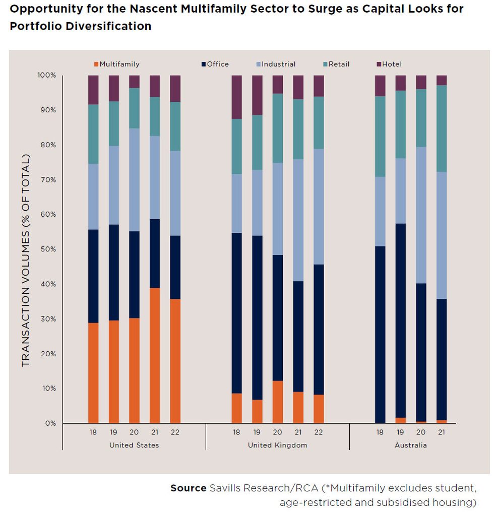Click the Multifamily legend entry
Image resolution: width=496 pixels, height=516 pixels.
[x=116, y=64]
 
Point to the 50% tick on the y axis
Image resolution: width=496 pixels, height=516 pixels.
[x=47, y=249]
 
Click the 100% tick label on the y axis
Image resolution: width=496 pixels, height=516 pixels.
[x=47, y=76]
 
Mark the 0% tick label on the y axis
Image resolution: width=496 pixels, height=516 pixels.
[x=49, y=423]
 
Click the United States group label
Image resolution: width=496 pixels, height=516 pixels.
[x=134, y=445]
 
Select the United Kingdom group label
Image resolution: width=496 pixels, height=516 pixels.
[x=277, y=445]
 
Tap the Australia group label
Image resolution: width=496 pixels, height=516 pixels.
[x=411, y=445]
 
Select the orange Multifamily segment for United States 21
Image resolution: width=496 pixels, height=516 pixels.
[x=155, y=355]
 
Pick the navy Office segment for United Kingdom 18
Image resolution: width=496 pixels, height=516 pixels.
[x=236, y=313]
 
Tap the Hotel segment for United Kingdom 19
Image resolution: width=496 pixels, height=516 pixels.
[x=257, y=95]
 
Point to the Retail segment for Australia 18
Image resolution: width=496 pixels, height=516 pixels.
[x=380, y=136]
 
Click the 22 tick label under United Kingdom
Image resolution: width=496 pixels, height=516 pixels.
[x=319, y=432]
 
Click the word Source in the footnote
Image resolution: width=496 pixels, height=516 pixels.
[x=188, y=488]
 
